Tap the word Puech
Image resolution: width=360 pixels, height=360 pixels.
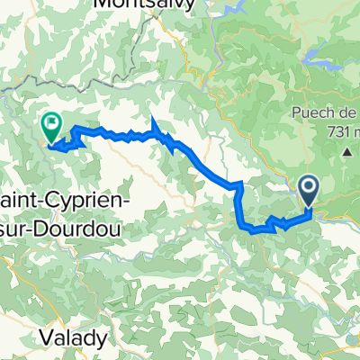pyautogui.click(x=308, y=113)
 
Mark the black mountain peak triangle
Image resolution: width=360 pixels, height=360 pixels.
pyautogui.click(x=346, y=153)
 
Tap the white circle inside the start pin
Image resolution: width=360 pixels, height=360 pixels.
pyautogui.click(x=309, y=188)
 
